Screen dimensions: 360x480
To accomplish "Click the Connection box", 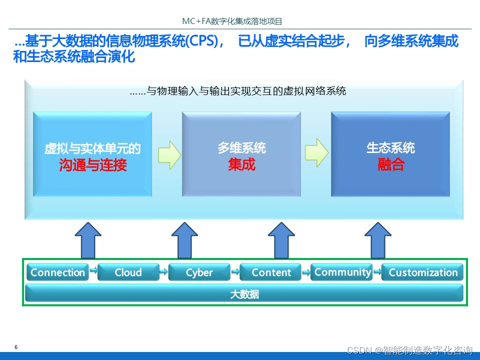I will pyautogui.click(x=57, y=272).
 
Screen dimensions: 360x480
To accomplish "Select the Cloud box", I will pyautogui.click(x=128, y=272).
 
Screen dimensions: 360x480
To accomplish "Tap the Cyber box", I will pyautogui.click(x=199, y=272).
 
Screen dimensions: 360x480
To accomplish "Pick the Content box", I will pyautogui.click(x=271, y=272).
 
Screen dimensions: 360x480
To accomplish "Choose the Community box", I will pyautogui.click(x=342, y=272).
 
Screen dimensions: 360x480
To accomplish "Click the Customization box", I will pyautogui.click(x=423, y=272).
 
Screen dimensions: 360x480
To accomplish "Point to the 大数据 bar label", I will pyautogui.click(x=244, y=294).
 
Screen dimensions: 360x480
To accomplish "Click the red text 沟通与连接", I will pyautogui.click(x=92, y=165).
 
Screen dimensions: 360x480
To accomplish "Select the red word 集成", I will pyautogui.click(x=241, y=165).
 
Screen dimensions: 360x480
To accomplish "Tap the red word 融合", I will pyautogui.click(x=390, y=165).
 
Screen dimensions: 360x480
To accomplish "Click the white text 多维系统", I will pyautogui.click(x=241, y=148).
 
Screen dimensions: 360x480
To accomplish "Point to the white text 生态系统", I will pyautogui.click(x=390, y=148).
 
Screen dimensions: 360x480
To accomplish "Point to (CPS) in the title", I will pyautogui.click(x=201, y=41).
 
